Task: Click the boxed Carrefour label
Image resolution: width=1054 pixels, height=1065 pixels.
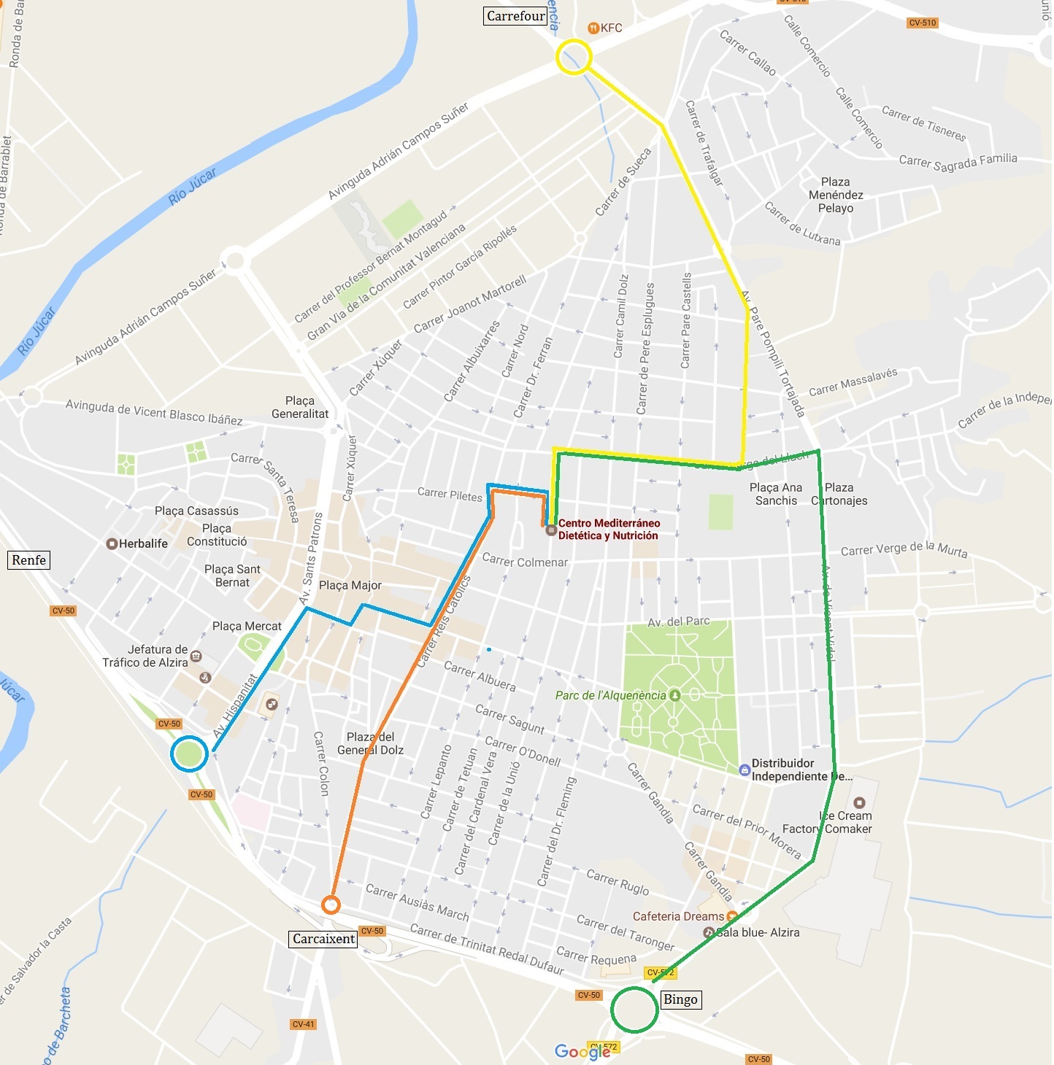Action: [515, 16]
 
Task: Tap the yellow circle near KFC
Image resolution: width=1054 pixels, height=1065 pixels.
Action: [574, 57]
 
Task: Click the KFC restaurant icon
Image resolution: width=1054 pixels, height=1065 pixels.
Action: [593, 28]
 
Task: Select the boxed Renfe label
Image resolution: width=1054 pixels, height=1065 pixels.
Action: [29, 560]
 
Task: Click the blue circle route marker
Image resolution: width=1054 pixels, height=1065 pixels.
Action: [189, 754]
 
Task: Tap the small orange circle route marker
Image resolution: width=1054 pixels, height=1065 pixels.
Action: [331, 905]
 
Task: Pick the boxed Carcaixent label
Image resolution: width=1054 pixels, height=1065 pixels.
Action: [323, 939]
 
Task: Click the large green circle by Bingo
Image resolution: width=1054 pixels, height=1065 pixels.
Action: [634, 1010]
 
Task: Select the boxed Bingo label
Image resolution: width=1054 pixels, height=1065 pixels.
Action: [680, 999]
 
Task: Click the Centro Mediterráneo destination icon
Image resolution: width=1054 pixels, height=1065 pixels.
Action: [552, 530]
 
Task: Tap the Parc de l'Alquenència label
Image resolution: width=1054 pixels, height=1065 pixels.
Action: [610, 695]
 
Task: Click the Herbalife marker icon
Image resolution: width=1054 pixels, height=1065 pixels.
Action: [112, 543]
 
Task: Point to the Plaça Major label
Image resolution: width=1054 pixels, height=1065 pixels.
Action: [350, 585]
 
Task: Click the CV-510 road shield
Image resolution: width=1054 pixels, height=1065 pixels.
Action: [923, 23]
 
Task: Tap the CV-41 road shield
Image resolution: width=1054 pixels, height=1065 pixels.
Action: [303, 1024]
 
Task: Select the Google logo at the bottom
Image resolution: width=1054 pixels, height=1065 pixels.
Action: [582, 1051]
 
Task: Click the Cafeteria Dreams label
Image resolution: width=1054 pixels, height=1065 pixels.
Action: [678, 916]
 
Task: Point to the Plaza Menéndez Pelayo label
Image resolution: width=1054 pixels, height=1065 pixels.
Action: [836, 195]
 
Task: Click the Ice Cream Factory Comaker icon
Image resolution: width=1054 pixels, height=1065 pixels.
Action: [859, 802]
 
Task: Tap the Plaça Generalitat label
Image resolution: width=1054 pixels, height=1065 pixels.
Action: [300, 407]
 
